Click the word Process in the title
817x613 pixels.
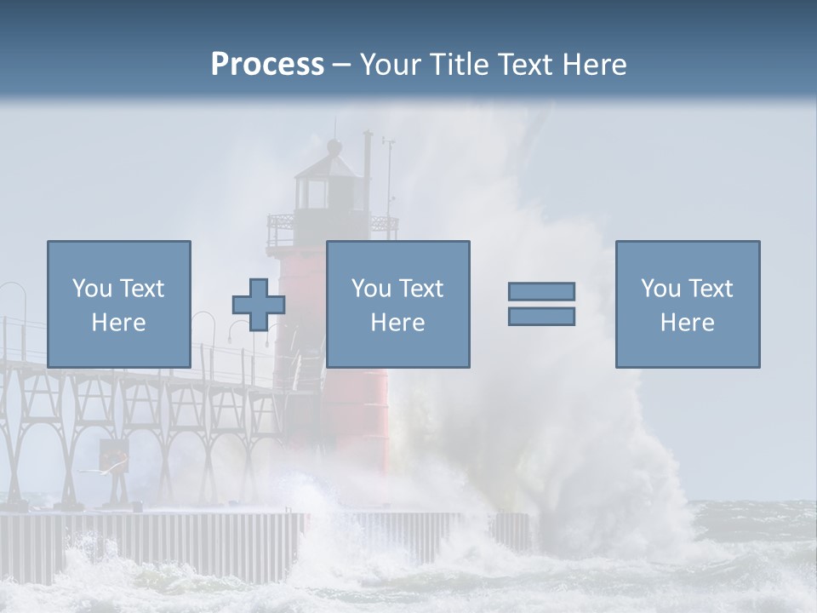tap(267, 65)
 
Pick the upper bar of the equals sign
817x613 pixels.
tap(541, 291)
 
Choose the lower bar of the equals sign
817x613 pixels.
tap(541, 317)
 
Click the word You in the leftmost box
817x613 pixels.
tap(91, 289)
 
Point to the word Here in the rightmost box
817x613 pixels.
tap(687, 323)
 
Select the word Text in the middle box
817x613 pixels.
tap(421, 289)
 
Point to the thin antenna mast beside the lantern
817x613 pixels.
tap(388, 179)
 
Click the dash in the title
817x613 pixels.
tap(342, 65)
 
